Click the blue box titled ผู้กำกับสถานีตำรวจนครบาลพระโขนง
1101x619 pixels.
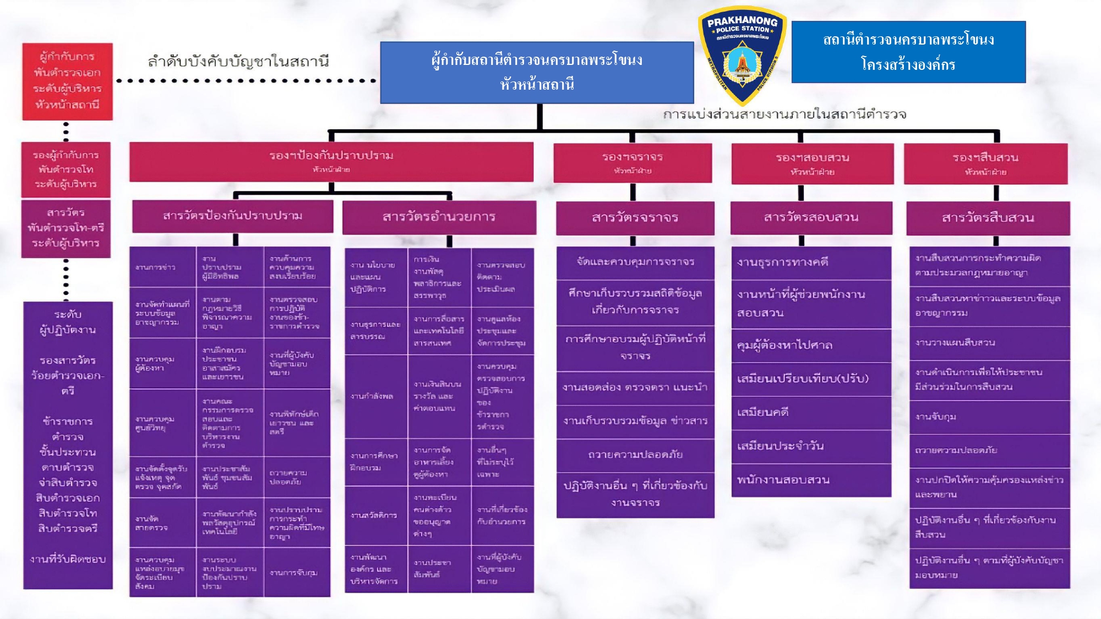click(x=537, y=72)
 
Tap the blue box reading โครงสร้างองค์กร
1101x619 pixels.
click(x=908, y=52)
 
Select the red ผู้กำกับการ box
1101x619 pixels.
click(x=67, y=81)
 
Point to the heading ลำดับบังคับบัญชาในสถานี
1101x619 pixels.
click(x=238, y=61)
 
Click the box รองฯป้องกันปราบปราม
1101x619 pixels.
click(x=331, y=161)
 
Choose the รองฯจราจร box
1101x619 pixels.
click(x=633, y=163)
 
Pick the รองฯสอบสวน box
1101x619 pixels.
click(x=813, y=163)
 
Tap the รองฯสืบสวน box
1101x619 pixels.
click(x=985, y=163)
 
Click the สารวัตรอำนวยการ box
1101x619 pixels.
click(x=439, y=217)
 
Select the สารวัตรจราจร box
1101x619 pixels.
click(x=635, y=218)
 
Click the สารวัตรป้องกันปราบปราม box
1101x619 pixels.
click(x=232, y=216)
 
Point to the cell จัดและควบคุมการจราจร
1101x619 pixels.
click(x=635, y=262)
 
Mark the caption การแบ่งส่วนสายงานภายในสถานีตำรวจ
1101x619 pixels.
click(x=784, y=114)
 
